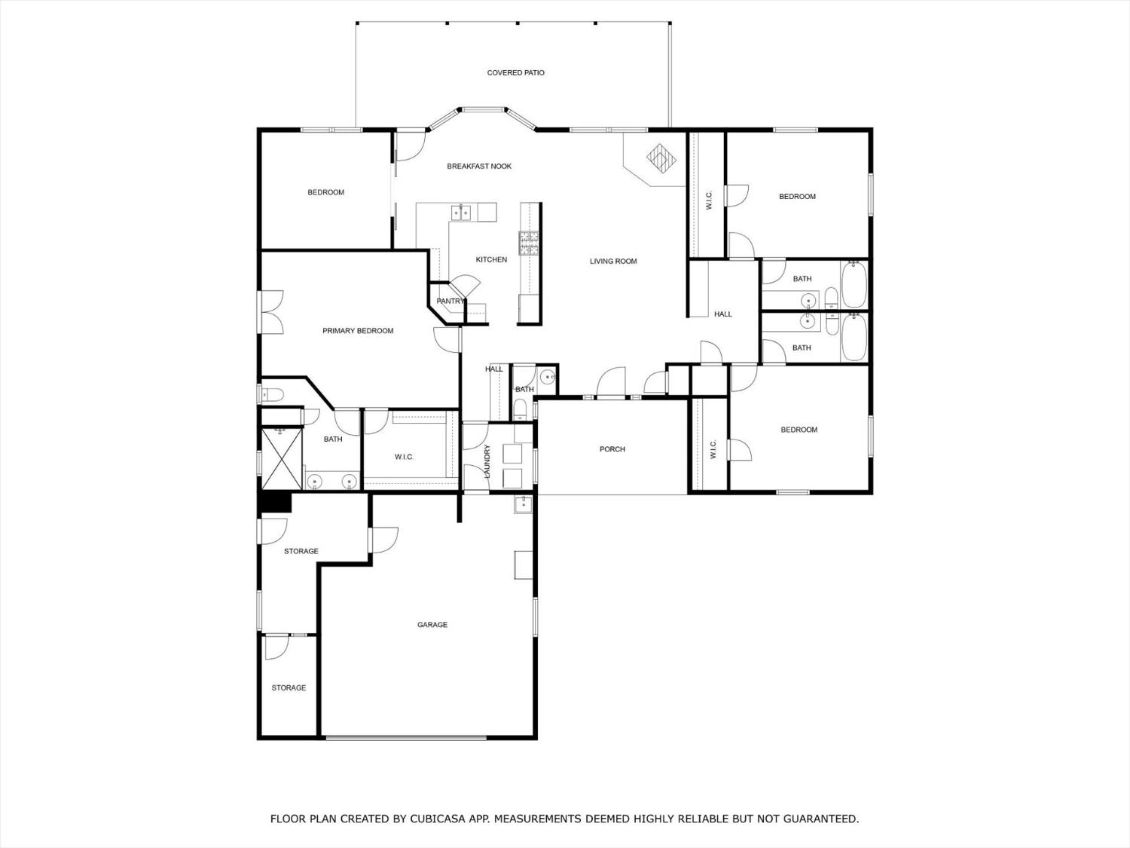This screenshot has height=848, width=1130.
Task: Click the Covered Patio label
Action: [515, 73]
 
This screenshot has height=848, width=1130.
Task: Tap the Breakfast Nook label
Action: [479, 167]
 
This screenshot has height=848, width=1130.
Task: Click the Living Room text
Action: [613, 262]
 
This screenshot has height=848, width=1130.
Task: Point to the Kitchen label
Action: [491, 260]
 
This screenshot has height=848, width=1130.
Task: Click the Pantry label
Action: [450, 302]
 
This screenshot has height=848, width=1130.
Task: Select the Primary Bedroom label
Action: [358, 331]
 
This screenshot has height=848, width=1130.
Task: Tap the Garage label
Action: [432, 625]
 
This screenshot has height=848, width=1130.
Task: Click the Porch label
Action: [612, 449]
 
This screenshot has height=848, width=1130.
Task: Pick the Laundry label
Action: [487, 461]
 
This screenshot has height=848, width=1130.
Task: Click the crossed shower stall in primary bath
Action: [281, 458]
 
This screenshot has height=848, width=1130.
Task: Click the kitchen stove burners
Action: [529, 241]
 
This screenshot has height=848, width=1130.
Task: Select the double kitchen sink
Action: [460, 213]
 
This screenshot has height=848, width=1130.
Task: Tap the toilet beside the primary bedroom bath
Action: [271, 393]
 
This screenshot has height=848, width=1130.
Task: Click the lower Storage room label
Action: [289, 688]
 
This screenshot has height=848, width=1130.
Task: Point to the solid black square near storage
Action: [275, 502]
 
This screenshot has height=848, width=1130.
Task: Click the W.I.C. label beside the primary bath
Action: [404, 458]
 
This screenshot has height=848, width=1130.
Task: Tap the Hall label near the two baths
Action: [723, 314]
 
